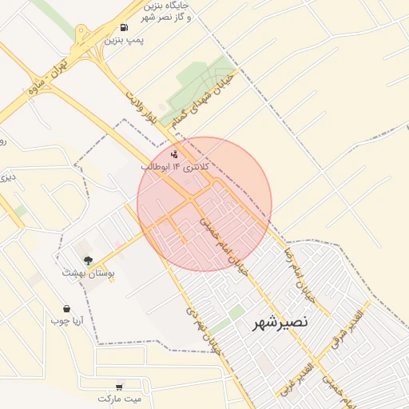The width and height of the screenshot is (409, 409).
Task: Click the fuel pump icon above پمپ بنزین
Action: point(122,28)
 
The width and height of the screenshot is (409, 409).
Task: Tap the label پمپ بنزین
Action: point(124,41)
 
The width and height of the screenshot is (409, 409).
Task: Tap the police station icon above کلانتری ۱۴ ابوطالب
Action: point(175,153)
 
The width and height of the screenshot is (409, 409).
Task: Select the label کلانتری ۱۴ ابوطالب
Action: point(175,168)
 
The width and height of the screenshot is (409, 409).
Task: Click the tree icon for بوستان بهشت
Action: point(88,260)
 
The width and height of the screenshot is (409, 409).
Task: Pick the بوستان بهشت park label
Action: point(89,273)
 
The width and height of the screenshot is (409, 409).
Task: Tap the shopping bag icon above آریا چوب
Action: point(66,308)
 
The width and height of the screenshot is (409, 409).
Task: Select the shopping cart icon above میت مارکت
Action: point(119,386)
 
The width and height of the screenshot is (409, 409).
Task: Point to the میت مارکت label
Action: point(119,398)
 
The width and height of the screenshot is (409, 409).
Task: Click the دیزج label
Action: point(7,177)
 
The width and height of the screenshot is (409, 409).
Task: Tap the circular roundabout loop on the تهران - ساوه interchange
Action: point(82,34)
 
